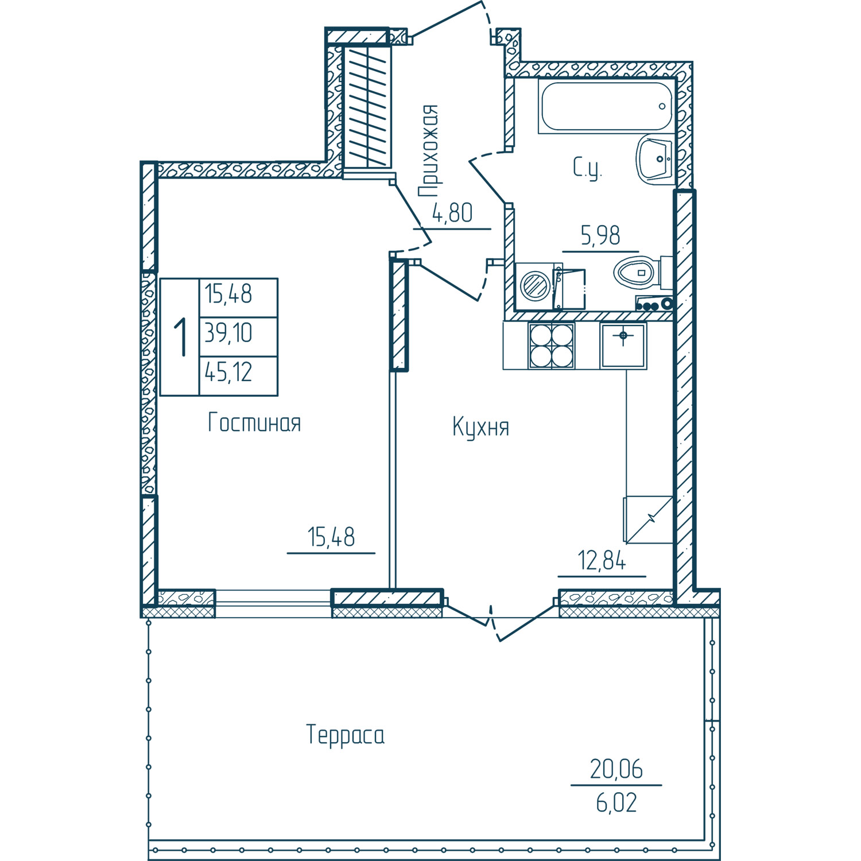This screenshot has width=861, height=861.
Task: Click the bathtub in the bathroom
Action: tap(606, 106)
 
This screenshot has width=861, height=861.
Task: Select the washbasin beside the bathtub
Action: tap(654, 160)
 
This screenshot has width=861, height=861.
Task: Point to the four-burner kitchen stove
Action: tap(552, 345)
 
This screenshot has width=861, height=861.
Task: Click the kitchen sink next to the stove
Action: tap(623, 345)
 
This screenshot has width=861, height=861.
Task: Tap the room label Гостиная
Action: tap(254, 423)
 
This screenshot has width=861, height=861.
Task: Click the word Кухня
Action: tap(481, 428)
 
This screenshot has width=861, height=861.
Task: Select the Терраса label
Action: tap(346, 736)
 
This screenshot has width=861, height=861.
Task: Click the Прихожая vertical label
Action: tap(428, 151)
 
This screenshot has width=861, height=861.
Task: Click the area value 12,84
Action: tap(602, 560)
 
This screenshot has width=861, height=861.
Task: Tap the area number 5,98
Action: tap(600, 236)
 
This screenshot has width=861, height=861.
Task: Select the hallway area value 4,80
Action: tap(452, 213)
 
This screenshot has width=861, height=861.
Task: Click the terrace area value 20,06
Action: tap(616, 769)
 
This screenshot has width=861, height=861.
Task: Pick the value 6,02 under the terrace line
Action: tap(616, 803)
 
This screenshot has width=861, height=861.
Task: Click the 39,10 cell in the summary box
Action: tap(228, 333)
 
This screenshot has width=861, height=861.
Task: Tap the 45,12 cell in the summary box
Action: tap(228, 373)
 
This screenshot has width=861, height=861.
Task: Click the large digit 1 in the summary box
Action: tap(181, 338)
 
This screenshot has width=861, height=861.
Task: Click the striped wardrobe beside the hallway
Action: tap(367, 107)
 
